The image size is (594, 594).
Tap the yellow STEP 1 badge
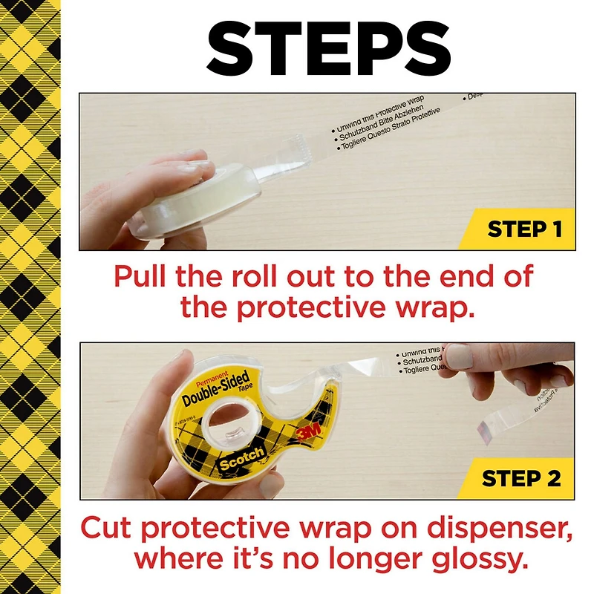[525, 229]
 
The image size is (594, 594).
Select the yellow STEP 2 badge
[521, 478]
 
